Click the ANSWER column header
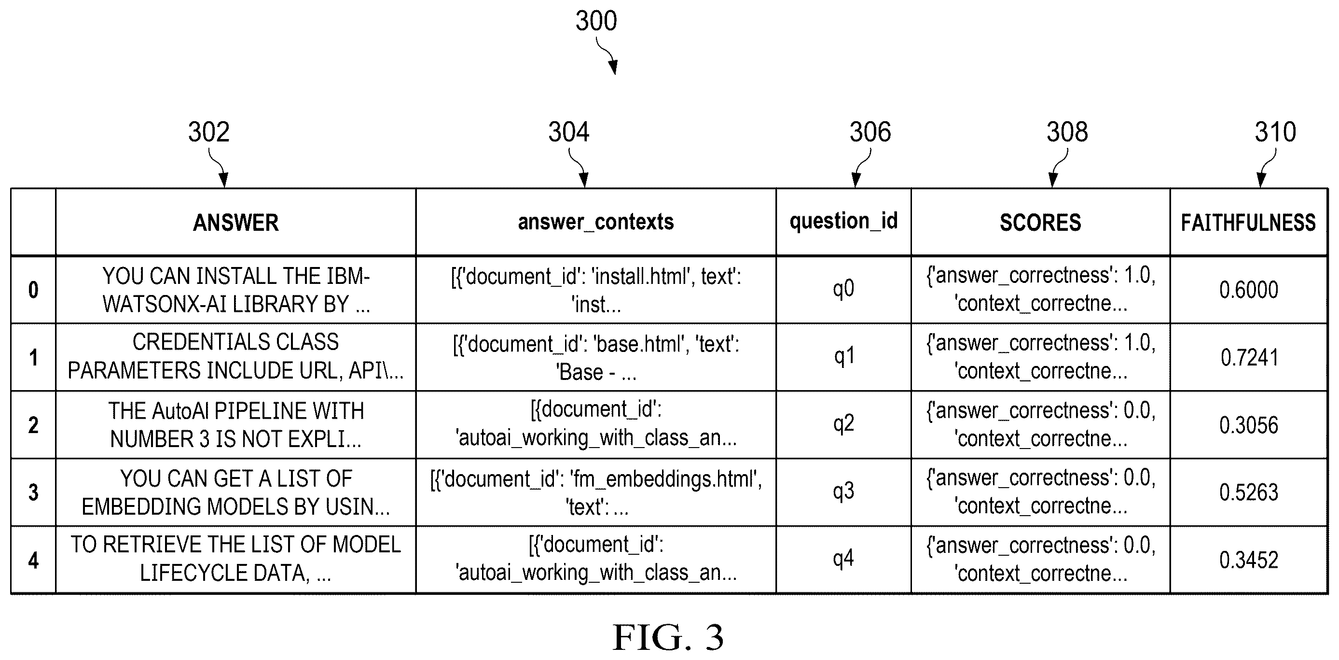[235, 223]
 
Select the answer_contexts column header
[596, 222]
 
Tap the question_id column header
[843, 221]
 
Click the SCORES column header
[1040, 223]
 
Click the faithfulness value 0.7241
[1249, 358]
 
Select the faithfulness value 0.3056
[1249, 425]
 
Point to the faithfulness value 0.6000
[1249, 290]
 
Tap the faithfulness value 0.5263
[1249, 492]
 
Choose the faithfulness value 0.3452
[1249, 560]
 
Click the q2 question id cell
[843, 424]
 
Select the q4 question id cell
[843, 559]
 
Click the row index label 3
[33, 492]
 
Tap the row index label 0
[33, 290]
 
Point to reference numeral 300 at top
[596, 21]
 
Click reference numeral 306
[870, 132]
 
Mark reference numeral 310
[1276, 132]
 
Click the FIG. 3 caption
[668, 637]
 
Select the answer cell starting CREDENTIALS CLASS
[235, 356]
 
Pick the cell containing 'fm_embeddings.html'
[596, 492]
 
